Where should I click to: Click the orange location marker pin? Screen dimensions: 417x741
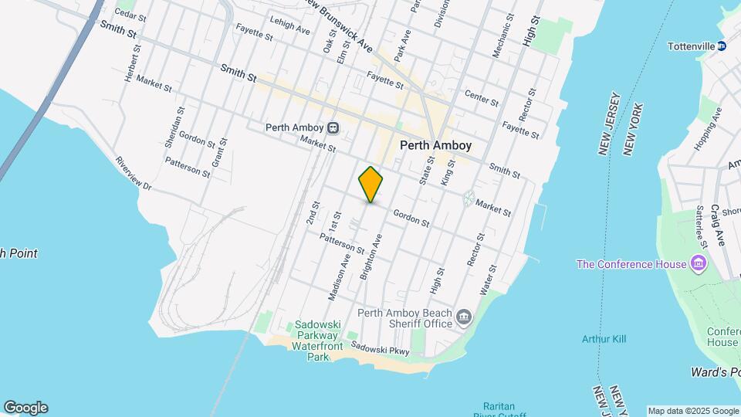371,185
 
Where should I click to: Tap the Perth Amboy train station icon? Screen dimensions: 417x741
333,127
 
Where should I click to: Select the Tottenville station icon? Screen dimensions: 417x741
722,46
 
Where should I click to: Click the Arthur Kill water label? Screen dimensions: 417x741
604,338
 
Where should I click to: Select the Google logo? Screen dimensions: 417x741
25,408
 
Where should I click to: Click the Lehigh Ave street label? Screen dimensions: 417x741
289,25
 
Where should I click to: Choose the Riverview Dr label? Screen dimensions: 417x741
134,175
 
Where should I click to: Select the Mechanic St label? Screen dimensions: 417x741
502,36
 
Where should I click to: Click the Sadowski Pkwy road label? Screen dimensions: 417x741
380,349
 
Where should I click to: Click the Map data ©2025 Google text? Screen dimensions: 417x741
692,411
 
